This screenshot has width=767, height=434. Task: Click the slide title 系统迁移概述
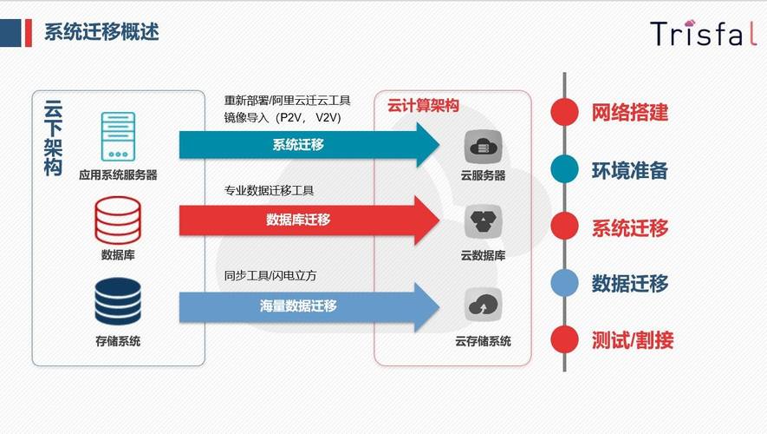tap(101, 32)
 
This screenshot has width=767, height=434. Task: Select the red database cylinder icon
tap(118, 220)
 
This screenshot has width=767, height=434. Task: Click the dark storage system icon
tap(118, 303)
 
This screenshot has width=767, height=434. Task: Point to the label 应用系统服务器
tap(118, 174)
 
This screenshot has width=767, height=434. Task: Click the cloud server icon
tap(483, 147)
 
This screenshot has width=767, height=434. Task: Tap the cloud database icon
tap(483, 223)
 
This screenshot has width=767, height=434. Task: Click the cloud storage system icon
tap(483, 306)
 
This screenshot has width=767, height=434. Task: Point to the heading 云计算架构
tap(423, 106)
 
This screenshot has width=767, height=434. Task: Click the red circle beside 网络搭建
tap(564, 112)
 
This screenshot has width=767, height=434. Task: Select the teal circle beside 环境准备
tap(564, 170)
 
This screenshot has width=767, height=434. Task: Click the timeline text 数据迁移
tap(630, 283)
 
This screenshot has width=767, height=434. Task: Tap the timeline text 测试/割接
tap(633, 339)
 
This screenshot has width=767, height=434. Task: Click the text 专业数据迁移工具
tap(270, 190)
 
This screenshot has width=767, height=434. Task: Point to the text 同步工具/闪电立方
tap(270, 275)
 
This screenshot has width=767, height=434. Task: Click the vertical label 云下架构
tap(53, 139)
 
